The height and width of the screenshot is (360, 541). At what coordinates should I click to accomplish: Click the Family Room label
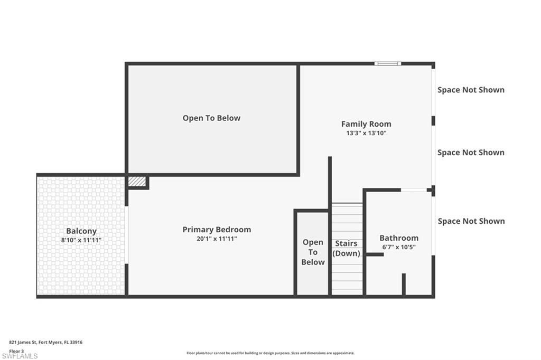(366, 124)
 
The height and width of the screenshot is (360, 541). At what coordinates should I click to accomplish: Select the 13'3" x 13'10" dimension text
(366, 134)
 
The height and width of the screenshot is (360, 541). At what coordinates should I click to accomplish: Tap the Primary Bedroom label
(217, 230)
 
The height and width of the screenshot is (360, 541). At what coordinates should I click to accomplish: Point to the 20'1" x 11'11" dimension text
(217, 239)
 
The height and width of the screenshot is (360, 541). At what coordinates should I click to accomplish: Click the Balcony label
(81, 231)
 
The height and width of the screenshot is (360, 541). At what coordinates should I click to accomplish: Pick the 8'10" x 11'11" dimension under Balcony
(81, 240)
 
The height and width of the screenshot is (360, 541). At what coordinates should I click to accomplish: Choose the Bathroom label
(399, 238)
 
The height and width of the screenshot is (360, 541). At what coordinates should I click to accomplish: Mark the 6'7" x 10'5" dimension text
(399, 247)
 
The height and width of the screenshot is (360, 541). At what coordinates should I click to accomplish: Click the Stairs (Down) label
(346, 248)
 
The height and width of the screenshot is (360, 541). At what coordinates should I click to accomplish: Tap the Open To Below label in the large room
(211, 118)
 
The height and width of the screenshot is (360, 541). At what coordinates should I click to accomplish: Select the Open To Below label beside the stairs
(313, 252)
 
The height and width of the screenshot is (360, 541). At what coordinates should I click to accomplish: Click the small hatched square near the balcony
(137, 181)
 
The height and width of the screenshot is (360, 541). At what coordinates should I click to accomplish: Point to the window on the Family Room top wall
(388, 64)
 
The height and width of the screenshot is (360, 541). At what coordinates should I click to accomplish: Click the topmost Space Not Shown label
(471, 90)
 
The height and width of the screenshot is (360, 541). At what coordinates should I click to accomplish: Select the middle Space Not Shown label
(471, 153)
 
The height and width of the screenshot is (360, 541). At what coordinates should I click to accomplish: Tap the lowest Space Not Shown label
(471, 221)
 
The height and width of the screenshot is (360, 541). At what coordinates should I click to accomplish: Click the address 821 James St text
(46, 342)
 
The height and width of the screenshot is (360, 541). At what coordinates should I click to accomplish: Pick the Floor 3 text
(16, 350)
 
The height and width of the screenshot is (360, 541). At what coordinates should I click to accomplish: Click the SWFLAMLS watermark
(20, 356)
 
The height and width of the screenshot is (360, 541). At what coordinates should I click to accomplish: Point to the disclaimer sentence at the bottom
(270, 353)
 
